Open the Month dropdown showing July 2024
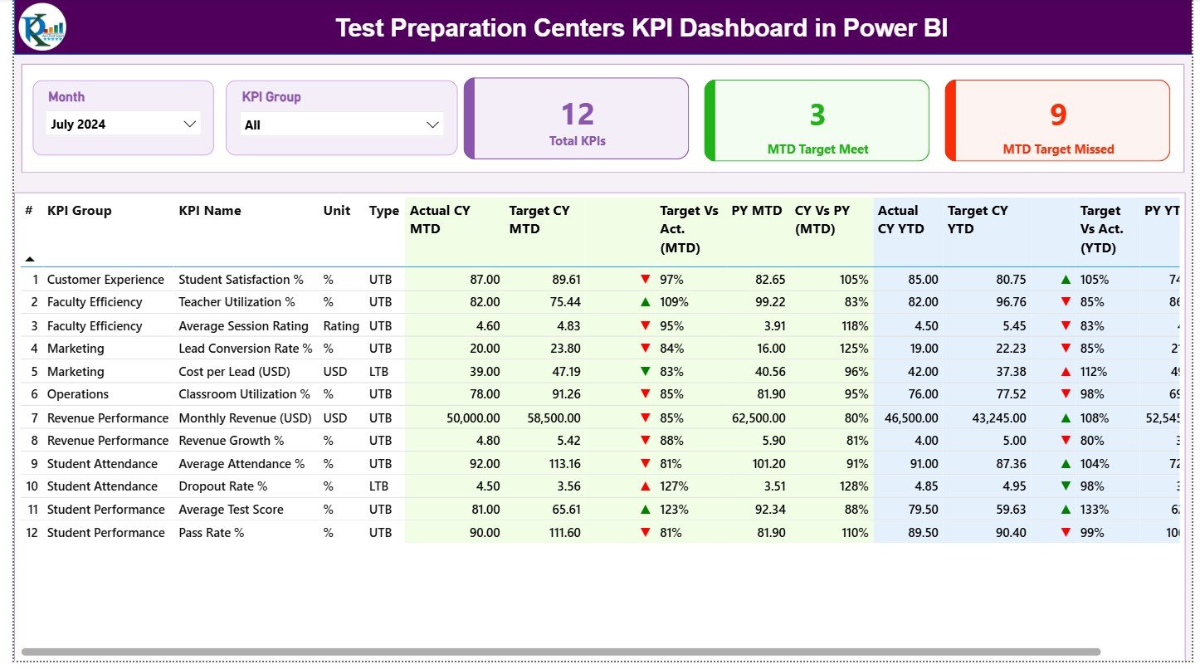pos(123,125)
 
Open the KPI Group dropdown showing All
pos(341,125)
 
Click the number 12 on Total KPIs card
pos(578,115)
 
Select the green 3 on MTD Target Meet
pos(817,115)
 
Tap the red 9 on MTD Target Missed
pos(1058,115)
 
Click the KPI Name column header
pos(210,211)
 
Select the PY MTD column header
pos(756,211)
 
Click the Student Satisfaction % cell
pos(241,280)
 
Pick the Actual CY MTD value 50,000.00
pos(473,418)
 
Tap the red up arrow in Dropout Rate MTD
pos(645,486)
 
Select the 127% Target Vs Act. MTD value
pos(674,486)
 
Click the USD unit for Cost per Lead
pos(335,372)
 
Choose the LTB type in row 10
pos(380,486)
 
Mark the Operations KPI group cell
pos(78,394)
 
